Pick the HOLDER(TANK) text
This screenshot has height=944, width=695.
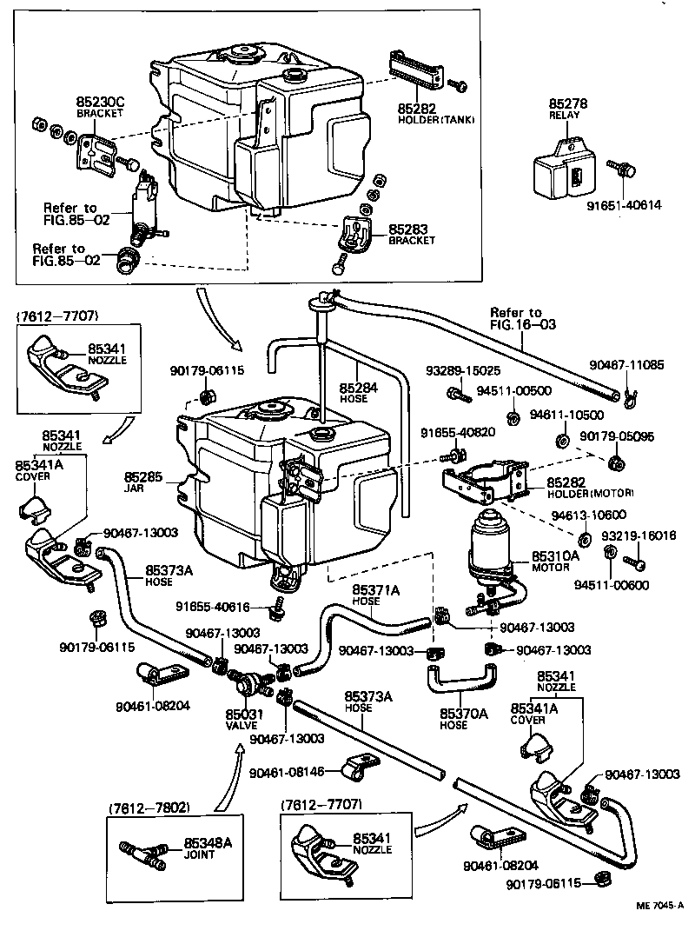[x=436, y=120]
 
